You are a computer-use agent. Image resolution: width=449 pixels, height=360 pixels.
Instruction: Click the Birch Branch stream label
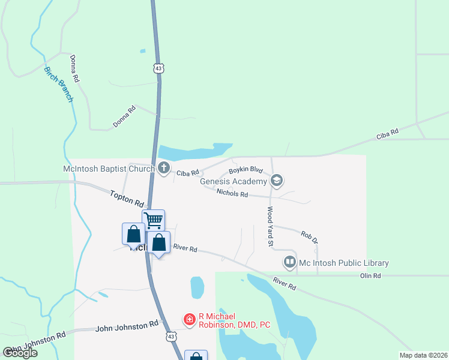[x=58, y=84]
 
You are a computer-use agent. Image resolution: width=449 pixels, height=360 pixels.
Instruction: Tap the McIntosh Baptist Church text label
[x=109, y=169]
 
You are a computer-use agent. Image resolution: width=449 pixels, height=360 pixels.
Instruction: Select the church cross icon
[x=164, y=169]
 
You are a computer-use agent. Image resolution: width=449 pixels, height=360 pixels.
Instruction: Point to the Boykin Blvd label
[x=246, y=170]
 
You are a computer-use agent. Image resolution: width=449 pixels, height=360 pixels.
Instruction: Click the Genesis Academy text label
[x=233, y=181]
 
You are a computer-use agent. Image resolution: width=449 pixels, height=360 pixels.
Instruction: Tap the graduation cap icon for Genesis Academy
[x=277, y=180]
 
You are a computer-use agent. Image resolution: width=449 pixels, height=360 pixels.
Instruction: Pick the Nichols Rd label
[x=232, y=193]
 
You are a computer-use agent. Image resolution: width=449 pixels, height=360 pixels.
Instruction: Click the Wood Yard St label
[x=270, y=227]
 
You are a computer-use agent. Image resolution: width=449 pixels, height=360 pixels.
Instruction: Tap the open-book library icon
[x=290, y=262]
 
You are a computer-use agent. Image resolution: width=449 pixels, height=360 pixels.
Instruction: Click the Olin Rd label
[x=370, y=275]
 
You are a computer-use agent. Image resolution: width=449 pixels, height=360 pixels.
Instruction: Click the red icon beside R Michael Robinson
[x=190, y=319]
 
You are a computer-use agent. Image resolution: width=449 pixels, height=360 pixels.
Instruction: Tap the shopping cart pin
[x=153, y=220]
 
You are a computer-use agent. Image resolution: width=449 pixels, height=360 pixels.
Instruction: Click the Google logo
[x=20, y=353]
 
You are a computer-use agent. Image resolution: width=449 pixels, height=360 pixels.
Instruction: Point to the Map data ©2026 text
[x=423, y=355]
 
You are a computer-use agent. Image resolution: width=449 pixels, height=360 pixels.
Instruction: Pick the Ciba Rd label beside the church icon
[x=187, y=173]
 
